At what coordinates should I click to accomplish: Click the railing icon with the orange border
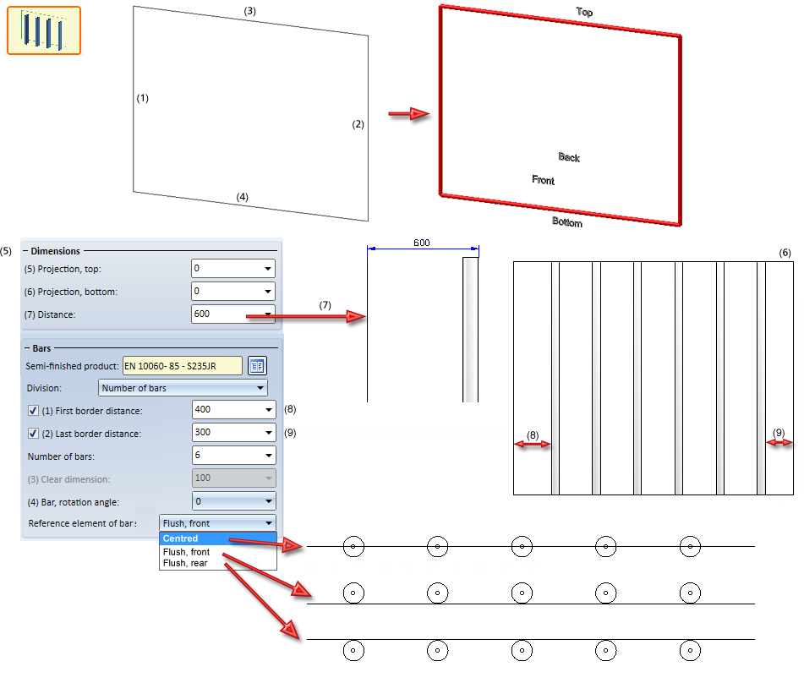pos(44,30)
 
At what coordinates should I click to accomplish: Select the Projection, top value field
pos(233,268)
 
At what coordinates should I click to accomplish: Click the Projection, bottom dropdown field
pos(233,292)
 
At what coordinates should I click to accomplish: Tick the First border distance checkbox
pos(33,411)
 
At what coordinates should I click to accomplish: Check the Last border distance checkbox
pos(33,434)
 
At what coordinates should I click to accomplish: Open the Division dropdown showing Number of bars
pos(183,388)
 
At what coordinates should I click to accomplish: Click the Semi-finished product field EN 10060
pos(183,366)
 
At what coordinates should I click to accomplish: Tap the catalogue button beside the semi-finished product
pos(257,366)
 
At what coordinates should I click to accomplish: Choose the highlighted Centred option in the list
pos(218,538)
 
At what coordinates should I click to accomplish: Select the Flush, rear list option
pos(185,563)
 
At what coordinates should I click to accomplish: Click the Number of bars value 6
pos(234,456)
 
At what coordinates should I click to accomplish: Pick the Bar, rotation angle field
pos(234,501)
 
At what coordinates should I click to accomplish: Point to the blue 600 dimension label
pos(422,243)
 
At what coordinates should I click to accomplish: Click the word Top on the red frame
pos(584,12)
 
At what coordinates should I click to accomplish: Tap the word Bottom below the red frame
pos(567,222)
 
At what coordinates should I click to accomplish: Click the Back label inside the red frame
pos(569,157)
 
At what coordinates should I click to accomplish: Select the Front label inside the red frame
pos(543,180)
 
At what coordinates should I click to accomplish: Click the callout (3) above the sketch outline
pos(249,11)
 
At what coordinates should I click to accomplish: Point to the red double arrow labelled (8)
pos(533,444)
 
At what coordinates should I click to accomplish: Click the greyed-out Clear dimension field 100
pos(234,478)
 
